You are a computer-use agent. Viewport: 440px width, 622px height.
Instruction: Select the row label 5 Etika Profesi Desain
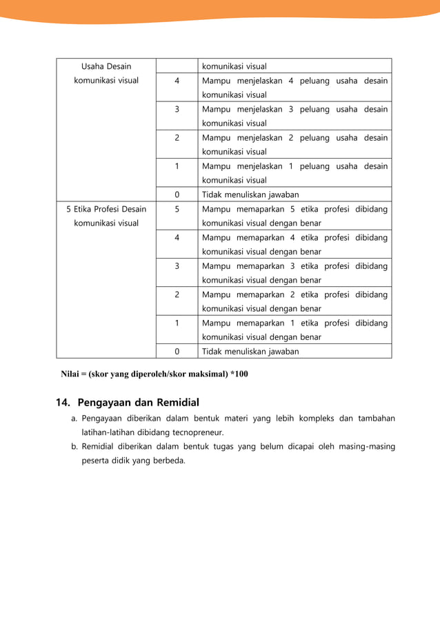[106, 209]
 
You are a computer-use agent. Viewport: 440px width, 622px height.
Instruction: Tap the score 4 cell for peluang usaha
[177, 81]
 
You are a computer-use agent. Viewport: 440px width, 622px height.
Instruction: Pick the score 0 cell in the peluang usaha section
[177, 194]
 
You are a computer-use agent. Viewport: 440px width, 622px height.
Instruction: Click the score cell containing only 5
[177, 209]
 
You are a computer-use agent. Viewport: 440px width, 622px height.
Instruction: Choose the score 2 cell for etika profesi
[177, 294]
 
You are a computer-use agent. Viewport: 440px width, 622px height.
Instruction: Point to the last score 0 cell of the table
[177, 351]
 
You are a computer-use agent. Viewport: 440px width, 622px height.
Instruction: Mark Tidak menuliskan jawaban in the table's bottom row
[250, 351]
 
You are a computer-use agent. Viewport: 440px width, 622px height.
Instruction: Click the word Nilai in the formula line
[70, 374]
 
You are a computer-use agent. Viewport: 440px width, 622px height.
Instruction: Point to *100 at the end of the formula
[239, 374]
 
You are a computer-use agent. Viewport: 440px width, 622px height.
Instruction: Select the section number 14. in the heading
[63, 402]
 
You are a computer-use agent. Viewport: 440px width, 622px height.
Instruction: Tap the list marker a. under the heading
[74, 418]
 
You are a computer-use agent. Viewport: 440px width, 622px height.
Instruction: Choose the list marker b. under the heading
[74, 446]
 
